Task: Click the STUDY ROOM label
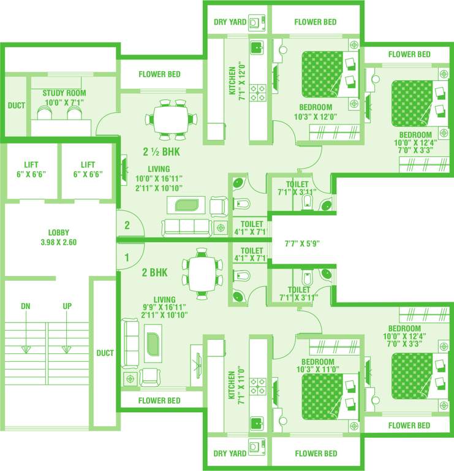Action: point(64,98)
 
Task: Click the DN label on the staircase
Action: point(26,305)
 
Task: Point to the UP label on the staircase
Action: point(67,305)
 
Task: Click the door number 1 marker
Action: point(127,258)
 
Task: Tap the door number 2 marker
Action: point(127,225)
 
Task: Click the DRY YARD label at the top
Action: point(230,23)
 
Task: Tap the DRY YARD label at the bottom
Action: point(230,454)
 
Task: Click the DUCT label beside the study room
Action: point(17,105)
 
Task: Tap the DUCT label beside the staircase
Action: point(105,353)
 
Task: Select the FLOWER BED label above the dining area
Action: point(159,74)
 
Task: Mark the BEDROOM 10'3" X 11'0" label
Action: point(316,366)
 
